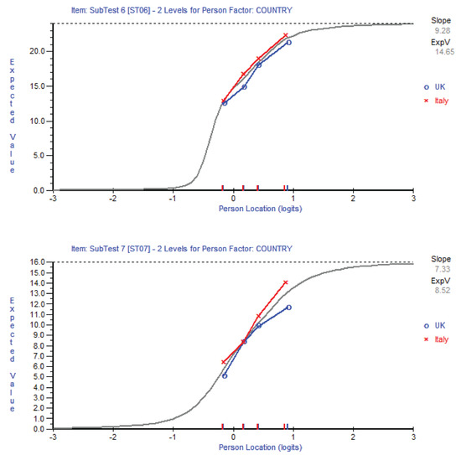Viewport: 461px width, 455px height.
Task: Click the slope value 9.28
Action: (x=447, y=29)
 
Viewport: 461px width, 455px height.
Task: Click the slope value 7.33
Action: (x=447, y=270)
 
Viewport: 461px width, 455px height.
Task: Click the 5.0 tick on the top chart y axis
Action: (x=39, y=155)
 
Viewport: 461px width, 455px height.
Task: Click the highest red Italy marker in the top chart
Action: (x=286, y=35)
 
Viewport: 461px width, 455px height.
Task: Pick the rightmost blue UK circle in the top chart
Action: (x=288, y=43)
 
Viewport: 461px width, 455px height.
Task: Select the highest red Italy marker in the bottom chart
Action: (x=286, y=282)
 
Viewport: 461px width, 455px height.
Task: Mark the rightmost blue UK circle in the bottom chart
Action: (x=288, y=308)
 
